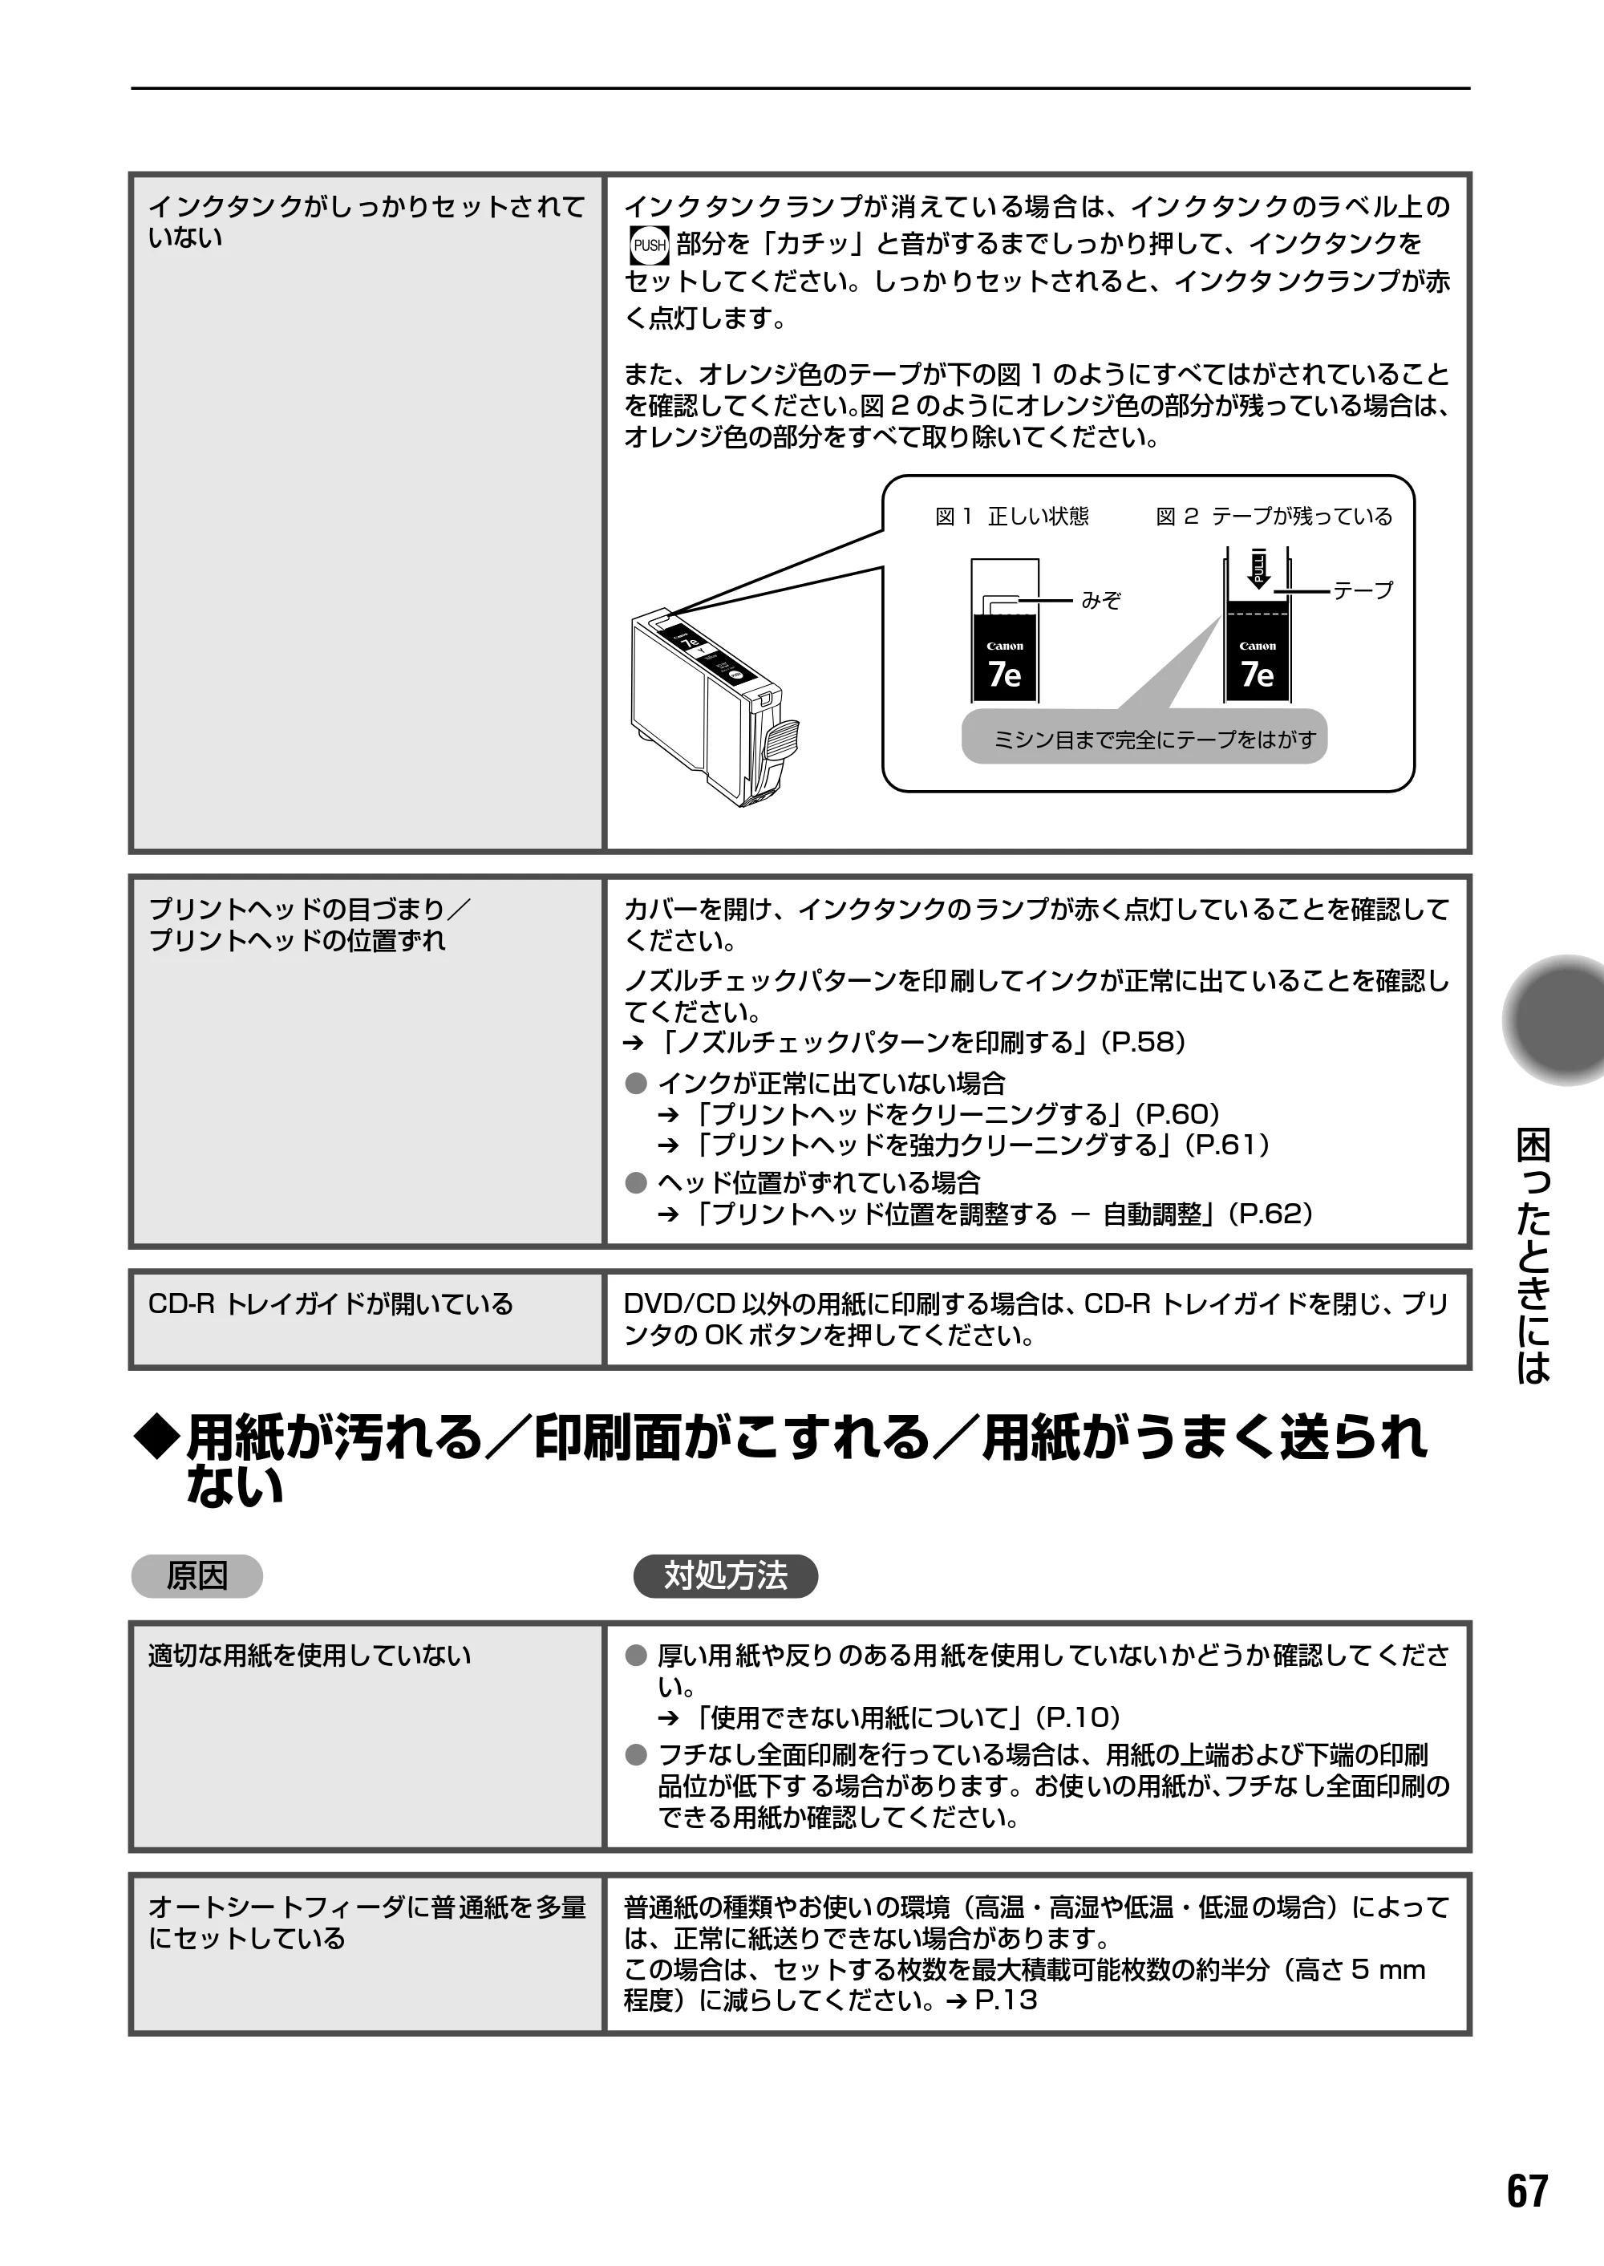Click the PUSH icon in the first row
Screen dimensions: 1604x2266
649,245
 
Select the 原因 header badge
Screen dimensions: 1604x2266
196,1575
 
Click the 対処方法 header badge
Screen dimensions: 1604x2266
725,1575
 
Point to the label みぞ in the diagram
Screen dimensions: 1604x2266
1100,601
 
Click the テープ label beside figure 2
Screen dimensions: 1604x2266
1363,590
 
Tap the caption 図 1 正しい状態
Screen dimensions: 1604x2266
1011,517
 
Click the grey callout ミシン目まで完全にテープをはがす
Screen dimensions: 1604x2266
1144,738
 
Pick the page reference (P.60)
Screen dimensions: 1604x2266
1177,1114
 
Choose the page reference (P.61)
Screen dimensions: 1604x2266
1227,1145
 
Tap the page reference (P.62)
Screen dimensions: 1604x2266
1270,1214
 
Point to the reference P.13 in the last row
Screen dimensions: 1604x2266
1006,2000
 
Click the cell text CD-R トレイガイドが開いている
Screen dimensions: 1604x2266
331,1304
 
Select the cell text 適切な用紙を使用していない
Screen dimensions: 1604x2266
309,1656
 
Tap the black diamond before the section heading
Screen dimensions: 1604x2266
158,1438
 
